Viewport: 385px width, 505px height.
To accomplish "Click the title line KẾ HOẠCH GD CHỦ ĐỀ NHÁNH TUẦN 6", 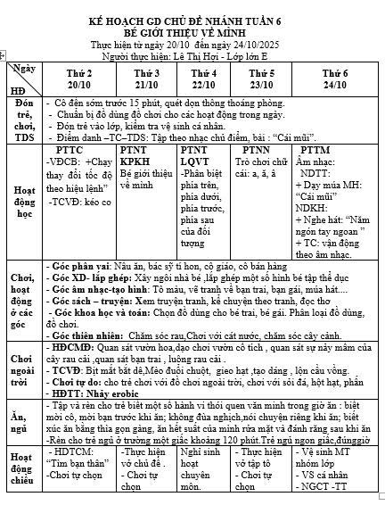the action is [192, 19].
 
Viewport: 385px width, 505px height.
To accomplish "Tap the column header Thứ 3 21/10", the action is [145, 78].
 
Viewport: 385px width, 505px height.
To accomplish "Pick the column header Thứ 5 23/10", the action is [261, 78].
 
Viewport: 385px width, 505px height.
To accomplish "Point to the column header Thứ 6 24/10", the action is [334, 78].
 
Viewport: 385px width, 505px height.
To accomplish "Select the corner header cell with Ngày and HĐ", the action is [23, 79].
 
